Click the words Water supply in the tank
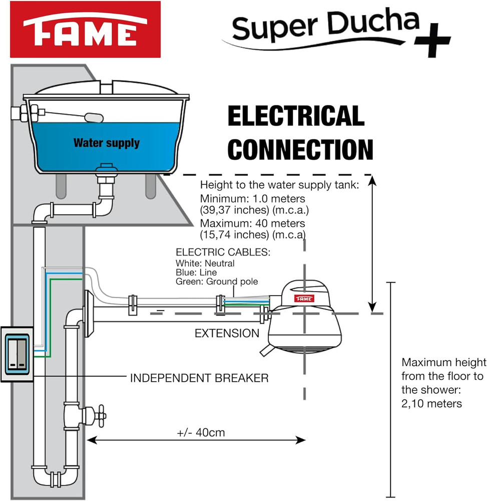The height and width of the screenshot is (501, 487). (107, 143)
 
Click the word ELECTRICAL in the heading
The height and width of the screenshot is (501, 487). (296, 116)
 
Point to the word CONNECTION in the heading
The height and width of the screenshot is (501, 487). (303, 149)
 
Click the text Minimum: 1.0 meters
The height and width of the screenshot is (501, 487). (252, 198)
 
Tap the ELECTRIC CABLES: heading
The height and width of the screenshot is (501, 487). (223, 253)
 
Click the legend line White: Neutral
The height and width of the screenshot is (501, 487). (205, 263)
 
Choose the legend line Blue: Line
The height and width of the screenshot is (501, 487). (196, 272)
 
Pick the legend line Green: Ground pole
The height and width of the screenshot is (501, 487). (217, 282)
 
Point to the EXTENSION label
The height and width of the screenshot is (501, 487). (227, 333)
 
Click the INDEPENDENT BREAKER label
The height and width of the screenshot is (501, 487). (199, 378)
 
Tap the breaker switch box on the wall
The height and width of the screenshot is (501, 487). (17, 354)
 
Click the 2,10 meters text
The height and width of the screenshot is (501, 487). (432, 403)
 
